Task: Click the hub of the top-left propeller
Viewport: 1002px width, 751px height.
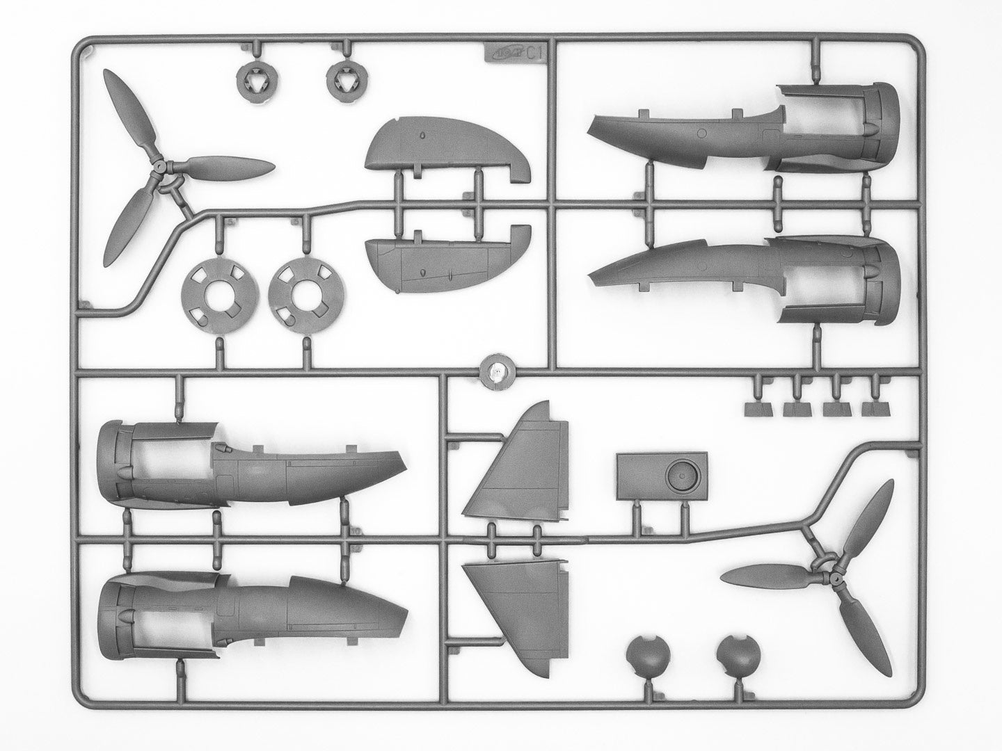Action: tap(161, 168)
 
